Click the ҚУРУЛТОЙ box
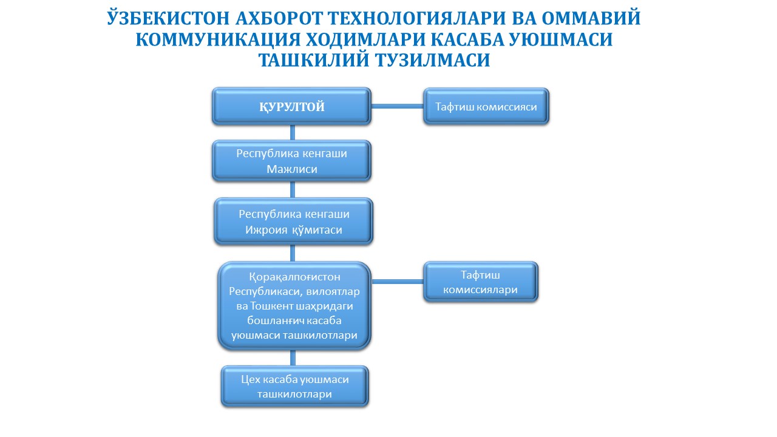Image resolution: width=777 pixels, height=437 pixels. point(292,106)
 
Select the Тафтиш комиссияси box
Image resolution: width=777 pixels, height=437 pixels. point(486,106)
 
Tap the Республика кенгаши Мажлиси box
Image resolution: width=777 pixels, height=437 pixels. point(292,161)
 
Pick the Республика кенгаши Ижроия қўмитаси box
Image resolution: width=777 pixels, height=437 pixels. point(293,222)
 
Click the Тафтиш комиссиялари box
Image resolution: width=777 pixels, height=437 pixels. point(480,282)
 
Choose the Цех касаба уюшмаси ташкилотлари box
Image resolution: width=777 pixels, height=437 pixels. point(294,387)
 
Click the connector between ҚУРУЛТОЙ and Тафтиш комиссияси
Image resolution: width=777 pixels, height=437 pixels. point(398,106)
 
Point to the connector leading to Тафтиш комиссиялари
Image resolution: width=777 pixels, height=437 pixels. point(398,282)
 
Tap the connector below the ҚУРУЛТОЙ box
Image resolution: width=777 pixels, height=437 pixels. point(293,132)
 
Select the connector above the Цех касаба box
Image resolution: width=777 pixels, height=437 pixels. point(293,357)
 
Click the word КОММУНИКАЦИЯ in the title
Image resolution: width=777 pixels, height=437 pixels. point(218,39)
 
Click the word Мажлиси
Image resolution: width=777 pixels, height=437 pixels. point(292,169)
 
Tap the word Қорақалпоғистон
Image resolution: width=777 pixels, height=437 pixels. point(294,277)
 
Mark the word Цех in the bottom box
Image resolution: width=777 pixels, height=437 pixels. point(251,380)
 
